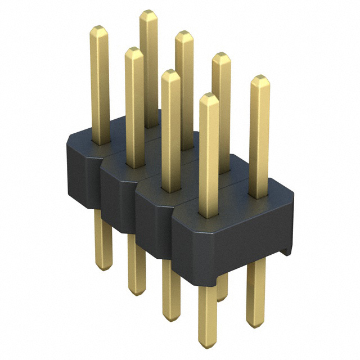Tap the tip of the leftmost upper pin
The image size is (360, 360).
(99, 29)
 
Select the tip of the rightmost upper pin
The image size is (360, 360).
(259, 78)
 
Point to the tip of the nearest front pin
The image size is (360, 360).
(209, 97)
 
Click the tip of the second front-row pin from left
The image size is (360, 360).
(134, 51)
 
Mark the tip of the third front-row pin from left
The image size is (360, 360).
(170, 73)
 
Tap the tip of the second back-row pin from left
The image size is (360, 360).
(184, 34)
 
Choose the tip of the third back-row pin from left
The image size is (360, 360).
(221, 56)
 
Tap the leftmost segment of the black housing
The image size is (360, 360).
(82, 169)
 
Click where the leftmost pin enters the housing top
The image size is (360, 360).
(100, 142)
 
